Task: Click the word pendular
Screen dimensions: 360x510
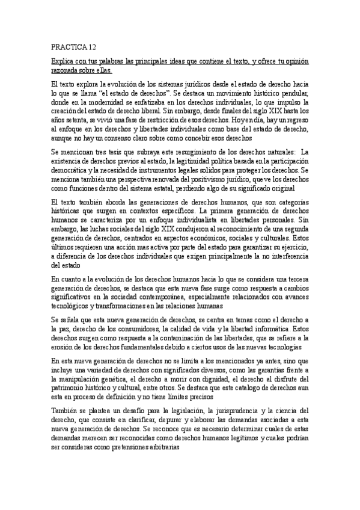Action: [x=296, y=94]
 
